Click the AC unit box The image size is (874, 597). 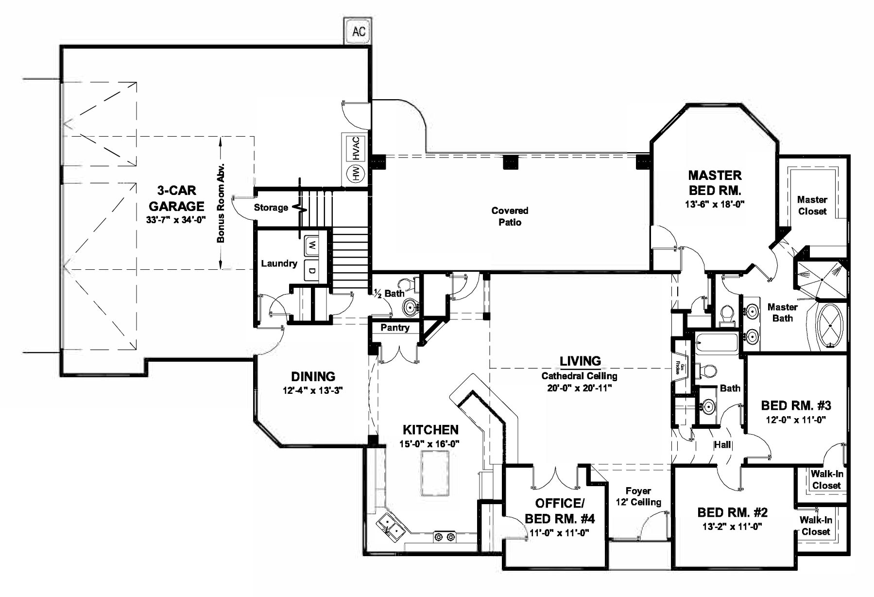pos(359,32)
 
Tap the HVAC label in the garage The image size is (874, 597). pos(356,148)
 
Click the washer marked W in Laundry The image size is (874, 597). pos(311,246)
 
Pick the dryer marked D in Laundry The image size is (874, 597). pos(311,271)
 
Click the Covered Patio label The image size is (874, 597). pos(510,216)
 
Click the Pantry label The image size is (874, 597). pos(394,328)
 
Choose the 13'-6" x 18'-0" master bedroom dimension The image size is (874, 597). pos(715,205)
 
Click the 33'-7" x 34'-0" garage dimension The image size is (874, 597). pos(176,220)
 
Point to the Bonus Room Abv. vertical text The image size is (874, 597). pos(221,203)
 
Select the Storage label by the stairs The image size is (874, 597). pos(271,208)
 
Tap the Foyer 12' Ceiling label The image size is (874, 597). pos(638,496)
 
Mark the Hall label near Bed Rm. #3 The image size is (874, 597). pos(722,444)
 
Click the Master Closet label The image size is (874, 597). pos(812,205)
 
